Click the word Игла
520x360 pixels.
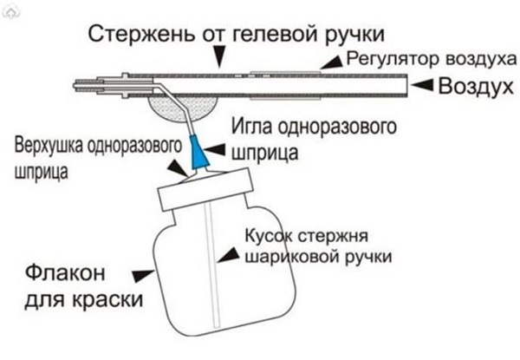pos(250,127)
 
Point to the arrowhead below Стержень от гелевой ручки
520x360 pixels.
pos(219,59)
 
